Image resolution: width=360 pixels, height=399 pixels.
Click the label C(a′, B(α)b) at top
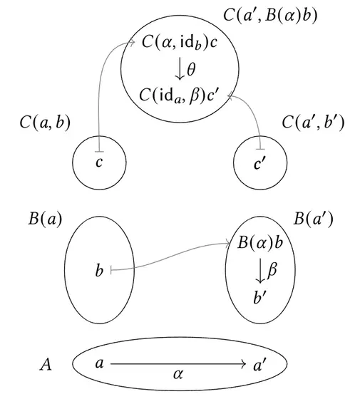coord(270,16)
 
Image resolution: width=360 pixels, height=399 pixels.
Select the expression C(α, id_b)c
coord(180,42)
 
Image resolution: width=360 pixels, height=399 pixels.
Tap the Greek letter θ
coord(191,69)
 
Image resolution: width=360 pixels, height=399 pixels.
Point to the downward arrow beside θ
coord(180,69)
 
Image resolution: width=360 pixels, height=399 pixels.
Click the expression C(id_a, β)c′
coord(178,96)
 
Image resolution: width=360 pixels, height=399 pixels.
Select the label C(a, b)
coord(45,123)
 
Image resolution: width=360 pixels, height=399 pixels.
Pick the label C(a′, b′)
coord(313,123)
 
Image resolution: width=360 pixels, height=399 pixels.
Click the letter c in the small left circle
coord(99,162)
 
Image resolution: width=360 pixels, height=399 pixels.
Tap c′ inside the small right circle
coord(259,164)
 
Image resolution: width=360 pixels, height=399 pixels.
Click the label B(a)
coord(45,219)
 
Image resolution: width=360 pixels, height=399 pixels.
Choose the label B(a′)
coord(313,219)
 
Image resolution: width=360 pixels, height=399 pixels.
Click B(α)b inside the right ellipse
coord(260,242)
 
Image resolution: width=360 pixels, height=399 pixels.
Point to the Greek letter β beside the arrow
coord(272,269)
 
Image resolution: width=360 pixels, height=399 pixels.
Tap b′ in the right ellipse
coord(259,296)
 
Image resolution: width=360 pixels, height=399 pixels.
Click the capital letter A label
coord(46,364)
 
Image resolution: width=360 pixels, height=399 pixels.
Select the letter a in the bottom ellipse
coord(100,363)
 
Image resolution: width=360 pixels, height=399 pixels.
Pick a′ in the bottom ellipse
coord(260,364)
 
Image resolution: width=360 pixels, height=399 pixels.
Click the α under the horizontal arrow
coord(178,374)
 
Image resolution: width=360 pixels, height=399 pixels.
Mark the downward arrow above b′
coord(260,271)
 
